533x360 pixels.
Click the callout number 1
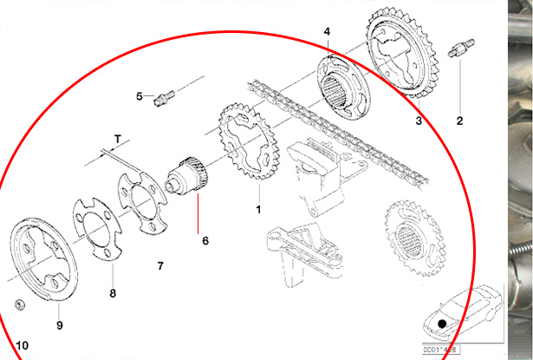(257, 210)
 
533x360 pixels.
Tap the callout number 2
(460, 120)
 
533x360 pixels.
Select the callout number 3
(419, 121)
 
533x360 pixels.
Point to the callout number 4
(327, 32)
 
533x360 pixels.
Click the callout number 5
(139, 95)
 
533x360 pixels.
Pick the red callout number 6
(205, 240)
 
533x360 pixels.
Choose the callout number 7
(159, 264)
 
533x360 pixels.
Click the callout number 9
(60, 325)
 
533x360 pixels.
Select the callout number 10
(22, 345)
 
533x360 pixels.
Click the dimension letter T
(118, 137)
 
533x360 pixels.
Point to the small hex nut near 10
(19, 304)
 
